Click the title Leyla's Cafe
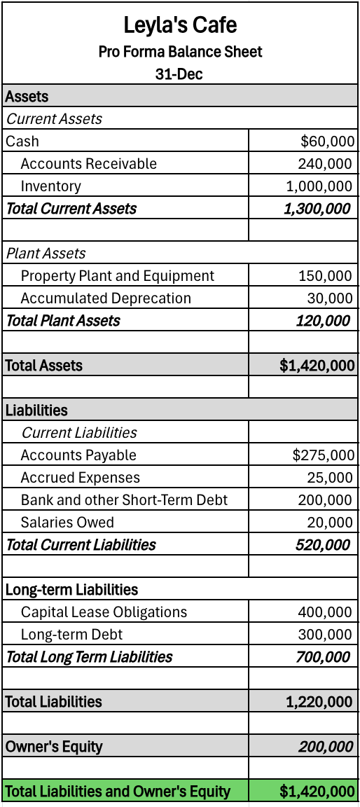point(180,26)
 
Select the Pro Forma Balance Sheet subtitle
point(180,51)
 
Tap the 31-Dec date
point(179,74)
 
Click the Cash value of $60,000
point(327,142)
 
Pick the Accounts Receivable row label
point(89,164)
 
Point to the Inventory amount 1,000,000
point(319,186)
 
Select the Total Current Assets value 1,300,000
point(317,209)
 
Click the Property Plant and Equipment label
point(118,276)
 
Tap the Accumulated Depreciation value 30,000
point(330,298)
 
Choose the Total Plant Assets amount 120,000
point(323,321)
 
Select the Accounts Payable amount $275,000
point(324,455)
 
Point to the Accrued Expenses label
point(81,478)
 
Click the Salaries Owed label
point(67,523)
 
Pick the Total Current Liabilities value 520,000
point(323,545)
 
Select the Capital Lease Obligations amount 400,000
point(325,612)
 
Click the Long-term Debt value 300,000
point(325,635)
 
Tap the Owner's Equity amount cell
point(325,747)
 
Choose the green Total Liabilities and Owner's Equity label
point(118,792)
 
